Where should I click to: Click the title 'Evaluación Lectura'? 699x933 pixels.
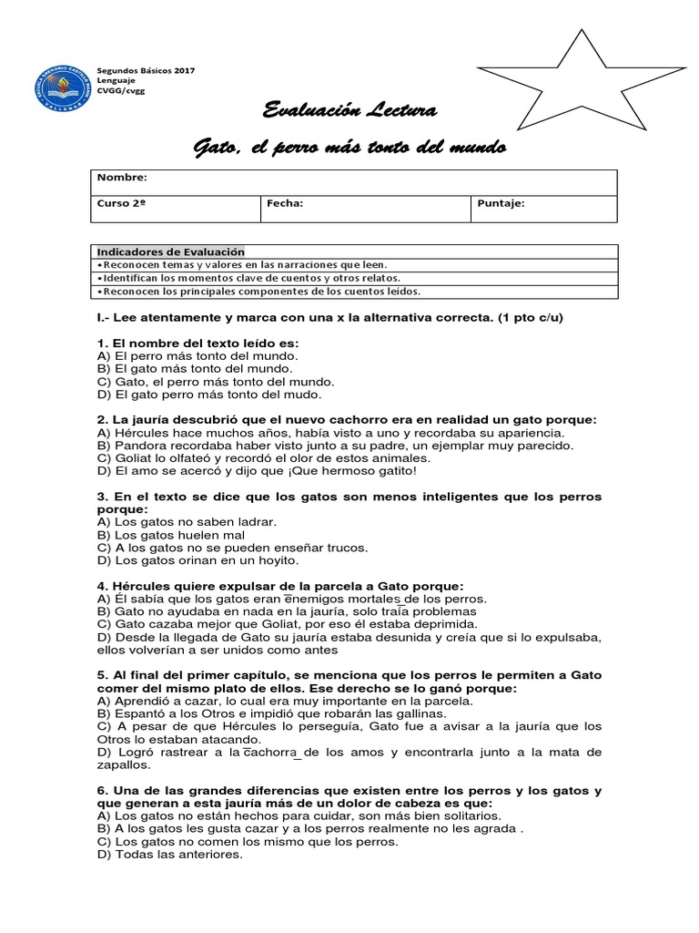tap(350, 112)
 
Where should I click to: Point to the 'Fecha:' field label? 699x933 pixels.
tap(284, 204)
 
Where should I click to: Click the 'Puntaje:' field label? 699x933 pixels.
tap(501, 204)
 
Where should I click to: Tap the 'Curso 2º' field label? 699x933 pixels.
tap(122, 204)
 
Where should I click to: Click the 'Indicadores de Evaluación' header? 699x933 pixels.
tap(171, 251)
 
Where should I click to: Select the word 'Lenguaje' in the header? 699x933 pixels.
tap(116, 80)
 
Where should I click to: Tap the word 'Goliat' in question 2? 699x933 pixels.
tap(134, 458)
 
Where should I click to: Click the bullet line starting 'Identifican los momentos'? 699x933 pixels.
tap(248, 278)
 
